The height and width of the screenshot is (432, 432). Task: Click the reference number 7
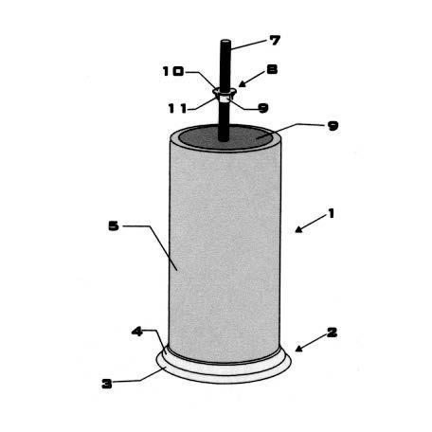275,41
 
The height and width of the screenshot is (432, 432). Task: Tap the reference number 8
272,69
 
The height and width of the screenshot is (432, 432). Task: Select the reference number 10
173,71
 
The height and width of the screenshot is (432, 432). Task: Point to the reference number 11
177,109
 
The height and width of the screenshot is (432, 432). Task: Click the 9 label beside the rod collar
263,108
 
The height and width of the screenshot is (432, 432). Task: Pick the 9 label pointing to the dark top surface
333,126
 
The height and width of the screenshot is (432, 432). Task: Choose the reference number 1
331,214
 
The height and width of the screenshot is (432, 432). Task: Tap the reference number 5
114,225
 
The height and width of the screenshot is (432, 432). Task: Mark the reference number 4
137,332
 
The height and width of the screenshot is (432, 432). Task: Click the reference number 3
107,384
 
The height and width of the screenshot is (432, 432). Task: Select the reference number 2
332,333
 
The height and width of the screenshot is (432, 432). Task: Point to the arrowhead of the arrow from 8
242,84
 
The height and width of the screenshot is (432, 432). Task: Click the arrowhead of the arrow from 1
298,229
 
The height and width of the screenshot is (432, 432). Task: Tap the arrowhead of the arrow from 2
299,349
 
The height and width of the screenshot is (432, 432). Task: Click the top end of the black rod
225,42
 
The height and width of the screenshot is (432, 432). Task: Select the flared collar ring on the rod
225,92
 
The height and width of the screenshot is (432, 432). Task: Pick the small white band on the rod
225,99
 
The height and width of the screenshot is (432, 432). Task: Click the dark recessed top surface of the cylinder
225,137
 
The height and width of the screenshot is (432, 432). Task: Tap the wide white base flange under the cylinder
224,371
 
